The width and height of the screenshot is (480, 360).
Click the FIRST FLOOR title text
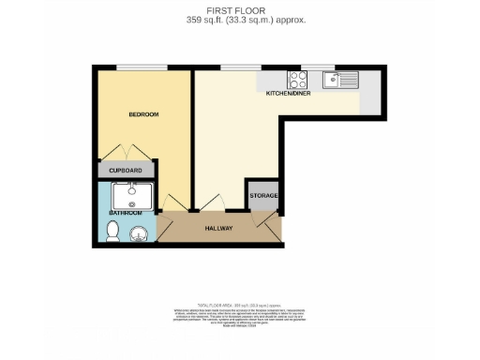pyautogui.click(x=239, y=10)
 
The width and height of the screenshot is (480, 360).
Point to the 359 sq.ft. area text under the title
pyautogui.click(x=239, y=20)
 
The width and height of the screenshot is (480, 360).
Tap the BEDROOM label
pyautogui.click(x=143, y=114)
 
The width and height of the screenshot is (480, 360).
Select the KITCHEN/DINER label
pyautogui.click(x=288, y=94)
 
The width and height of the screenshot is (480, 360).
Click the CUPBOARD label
pyautogui.click(x=126, y=171)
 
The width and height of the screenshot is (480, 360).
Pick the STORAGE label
pyautogui.click(x=262, y=195)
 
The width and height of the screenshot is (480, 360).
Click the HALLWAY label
pyautogui.click(x=220, y=226)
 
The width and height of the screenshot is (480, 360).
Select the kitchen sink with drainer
pyautogui.click(x=343, y=80)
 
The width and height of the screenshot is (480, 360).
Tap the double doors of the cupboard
pyautogui.click(x=127, y=154)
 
